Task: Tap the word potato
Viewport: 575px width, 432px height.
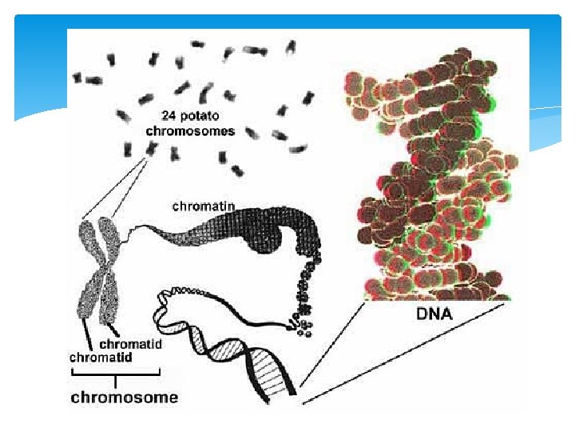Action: pyautogui.click(x=199, y=114)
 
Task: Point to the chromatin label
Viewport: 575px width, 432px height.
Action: pyautogui.click(x=204, y=206)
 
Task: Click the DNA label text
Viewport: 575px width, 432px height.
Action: pyautogui.click(x=434, y=314)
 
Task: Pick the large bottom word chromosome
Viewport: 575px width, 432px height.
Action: pyautogui.click(x=125, y=396)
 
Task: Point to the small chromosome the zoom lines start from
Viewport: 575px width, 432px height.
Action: pyautogui.click(x=149, y=147)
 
